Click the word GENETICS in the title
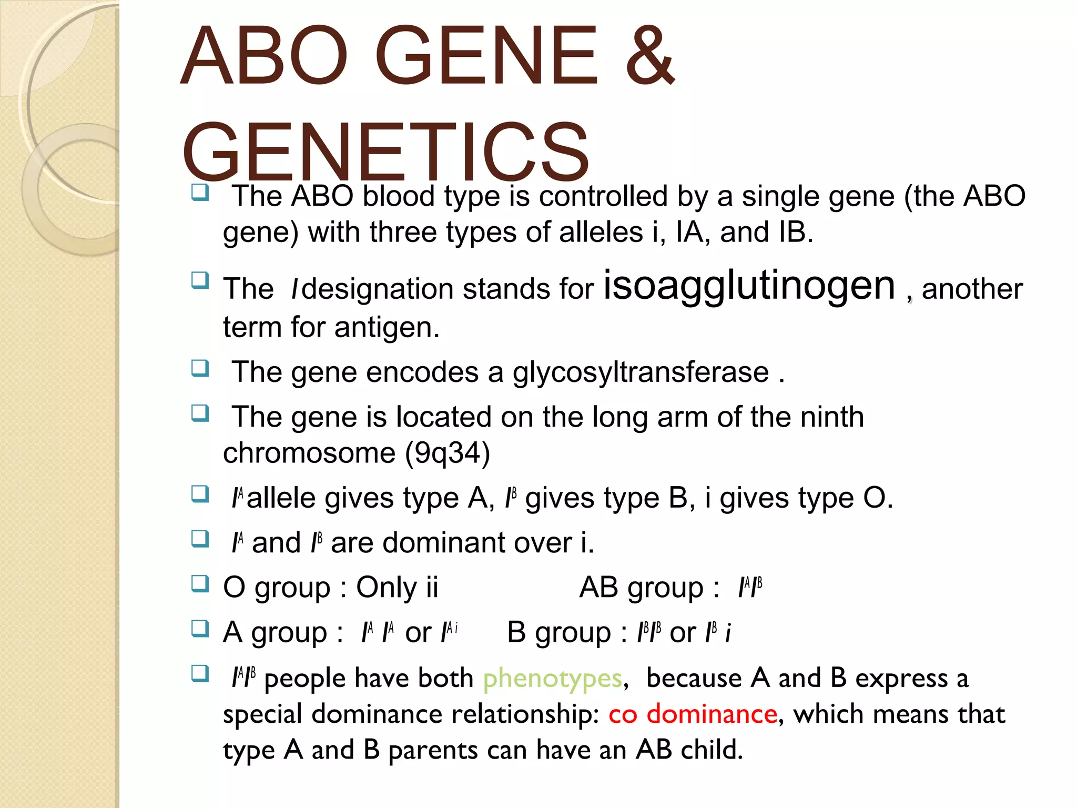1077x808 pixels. click(385, 151)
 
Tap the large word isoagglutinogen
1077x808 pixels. click(749, 286)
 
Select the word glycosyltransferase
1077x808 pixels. click(641, 372)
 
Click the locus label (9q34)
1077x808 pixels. click(447, 453)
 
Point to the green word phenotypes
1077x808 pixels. click(552, 678)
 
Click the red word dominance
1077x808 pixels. click(712, 714)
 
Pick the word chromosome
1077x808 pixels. click(309, 453)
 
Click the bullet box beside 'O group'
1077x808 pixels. click(200, 584)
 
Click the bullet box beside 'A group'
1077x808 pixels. click(200, 629)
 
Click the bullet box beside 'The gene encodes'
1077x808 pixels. click(200, 369)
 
